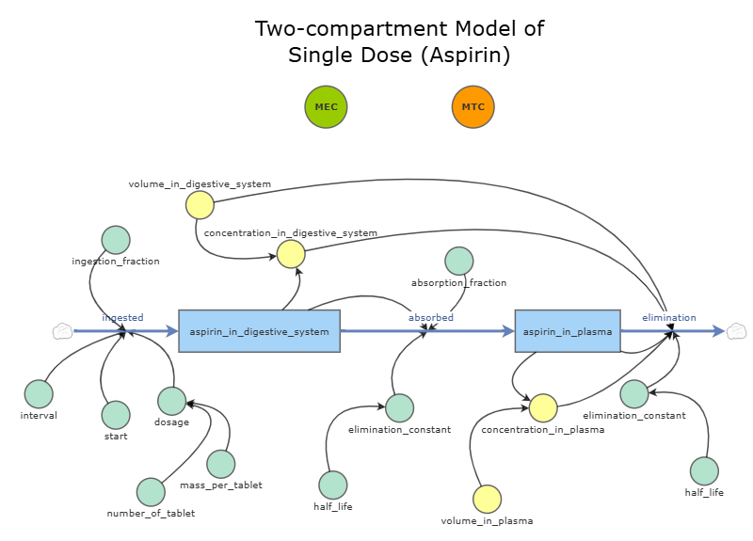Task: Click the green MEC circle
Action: point(327,106)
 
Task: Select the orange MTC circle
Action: point(473,106)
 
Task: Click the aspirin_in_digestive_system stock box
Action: point(259,331)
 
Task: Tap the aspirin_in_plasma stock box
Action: point(567,331)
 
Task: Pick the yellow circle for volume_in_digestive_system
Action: point(200,204)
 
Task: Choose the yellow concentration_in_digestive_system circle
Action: point(291,253)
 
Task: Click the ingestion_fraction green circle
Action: point(116,240)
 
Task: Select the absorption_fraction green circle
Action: point(458,262)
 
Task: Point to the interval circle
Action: point(39,394)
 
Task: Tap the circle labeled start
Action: point(116,415)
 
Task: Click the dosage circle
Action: point(171,401)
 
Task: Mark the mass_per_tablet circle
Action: point(220,464)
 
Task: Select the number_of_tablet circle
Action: point(151,492)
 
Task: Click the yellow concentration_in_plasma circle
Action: point(542,408)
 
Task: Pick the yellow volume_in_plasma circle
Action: point(487,499)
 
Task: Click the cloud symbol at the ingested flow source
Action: point(62,331)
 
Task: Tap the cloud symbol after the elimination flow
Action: point(737,331)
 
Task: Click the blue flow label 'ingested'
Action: point(122,318)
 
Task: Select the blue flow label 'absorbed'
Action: point(430,318)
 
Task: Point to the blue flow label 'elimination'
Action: point(669,318)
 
